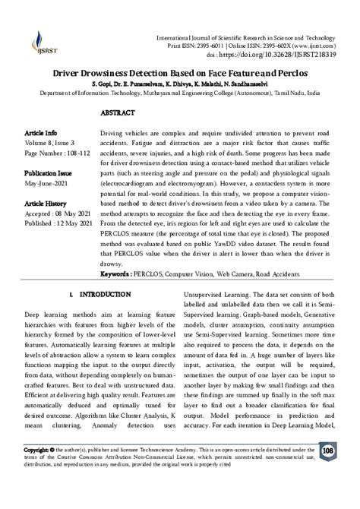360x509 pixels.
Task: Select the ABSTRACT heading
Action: click(118, 112)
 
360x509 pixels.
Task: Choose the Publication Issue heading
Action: click(50, 172)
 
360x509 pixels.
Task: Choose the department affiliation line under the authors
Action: click(180, 93)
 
